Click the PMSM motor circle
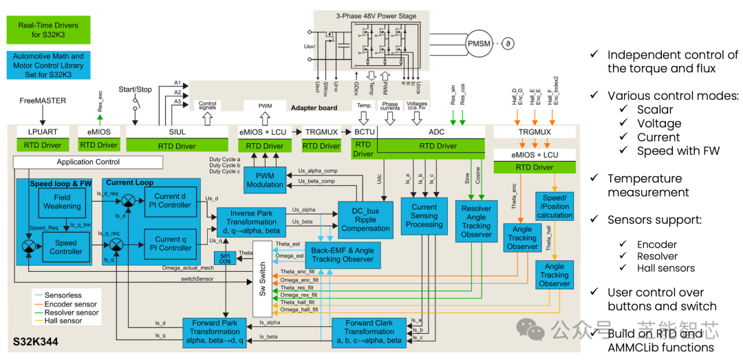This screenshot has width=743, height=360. pos(480,44)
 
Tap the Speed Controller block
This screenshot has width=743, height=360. pos(66,247)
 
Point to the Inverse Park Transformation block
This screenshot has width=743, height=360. pos(251,222)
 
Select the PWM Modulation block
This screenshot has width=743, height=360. pos(265,180)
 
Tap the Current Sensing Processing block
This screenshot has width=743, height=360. pos(424,215)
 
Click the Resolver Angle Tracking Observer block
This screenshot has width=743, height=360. pos(476,221)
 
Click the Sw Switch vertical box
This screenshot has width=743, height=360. pos(262,279)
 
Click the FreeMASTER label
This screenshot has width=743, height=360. pos(43,100)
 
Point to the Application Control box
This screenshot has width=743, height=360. pos(88,162)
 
